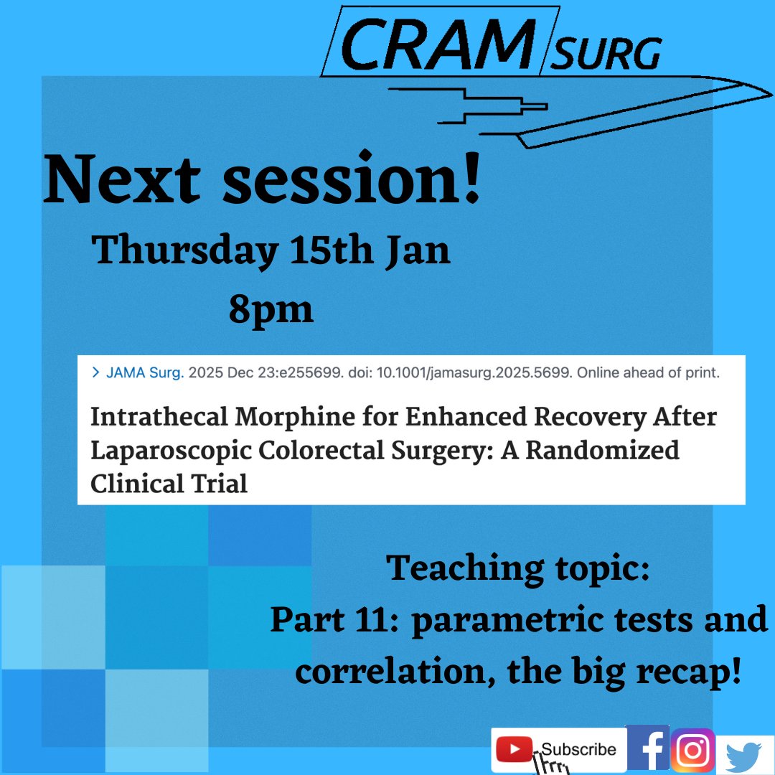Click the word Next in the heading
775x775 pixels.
(121, 179)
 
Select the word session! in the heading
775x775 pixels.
(351, 179)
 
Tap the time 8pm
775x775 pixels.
(271, 310)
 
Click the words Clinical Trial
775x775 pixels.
(169, 484)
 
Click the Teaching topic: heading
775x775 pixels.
(518, 569)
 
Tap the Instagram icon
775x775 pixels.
(692, 750)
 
